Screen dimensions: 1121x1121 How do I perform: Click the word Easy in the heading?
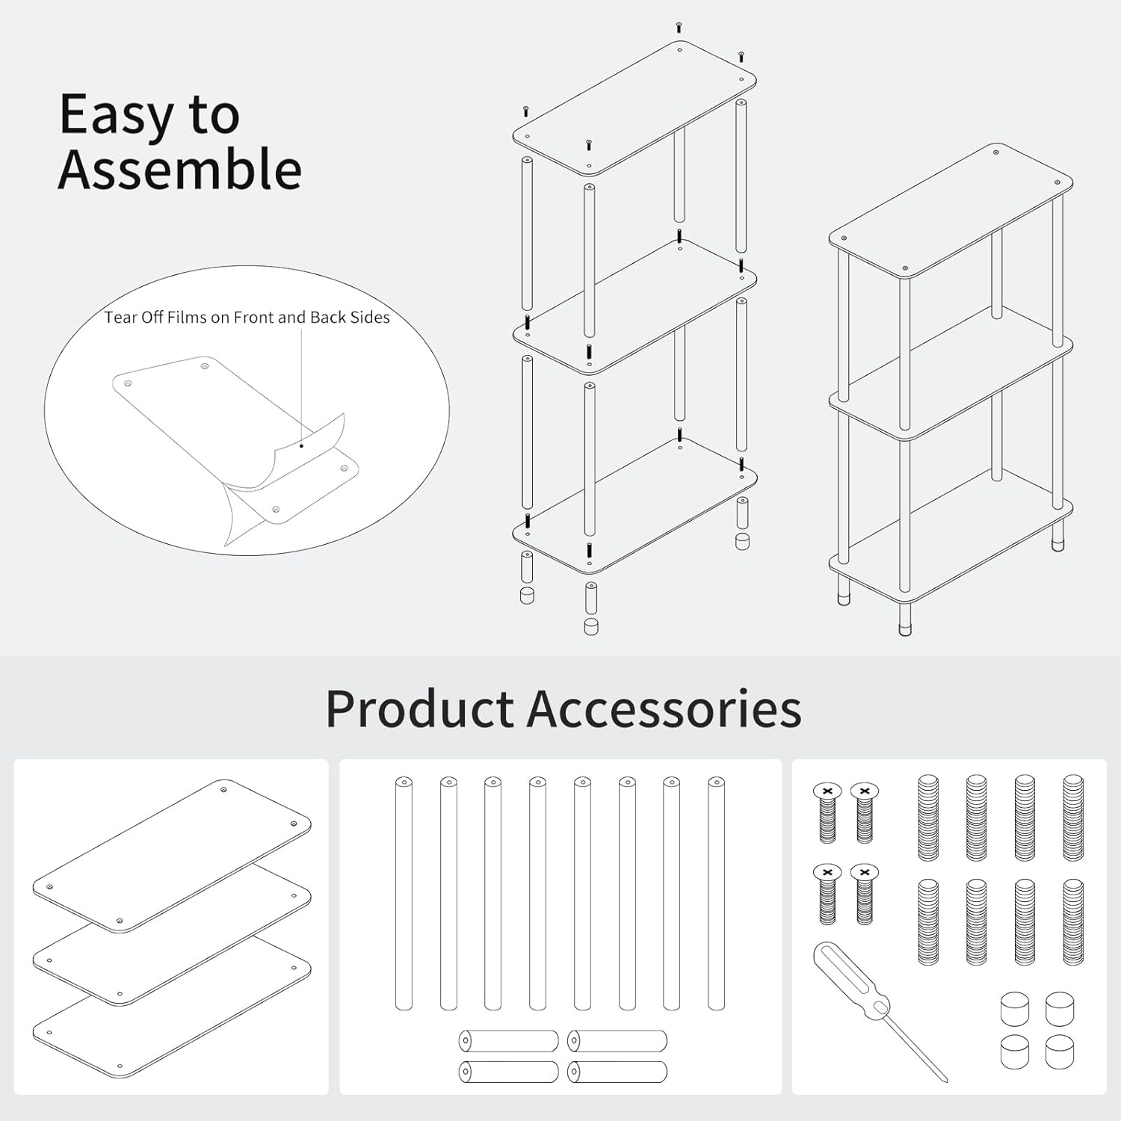click(116, 117)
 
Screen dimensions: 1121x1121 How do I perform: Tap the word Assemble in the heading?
click(180, 170)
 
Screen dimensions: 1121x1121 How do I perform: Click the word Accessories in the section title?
click(664, 708)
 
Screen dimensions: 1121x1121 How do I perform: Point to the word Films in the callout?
click(187, 318)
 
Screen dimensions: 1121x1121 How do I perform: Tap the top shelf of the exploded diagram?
click(634, 108)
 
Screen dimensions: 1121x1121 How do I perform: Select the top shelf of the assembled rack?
click(951, 210)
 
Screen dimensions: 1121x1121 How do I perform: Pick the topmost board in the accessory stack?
click(172, 856)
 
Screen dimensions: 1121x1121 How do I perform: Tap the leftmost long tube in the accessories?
click(404, 894)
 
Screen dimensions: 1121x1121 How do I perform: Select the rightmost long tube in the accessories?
click(716, 894)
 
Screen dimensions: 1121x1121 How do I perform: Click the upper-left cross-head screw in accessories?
click(827, 813)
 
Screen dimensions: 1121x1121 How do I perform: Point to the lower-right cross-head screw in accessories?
click(865, 895)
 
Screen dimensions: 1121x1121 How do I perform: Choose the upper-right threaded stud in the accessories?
click(1073, 818)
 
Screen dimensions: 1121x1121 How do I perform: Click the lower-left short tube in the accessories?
click(508, 1072)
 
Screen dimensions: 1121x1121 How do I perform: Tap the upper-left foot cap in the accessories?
click(1015, 1008)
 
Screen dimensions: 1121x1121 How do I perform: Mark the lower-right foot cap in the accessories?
click(1060, 1052)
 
